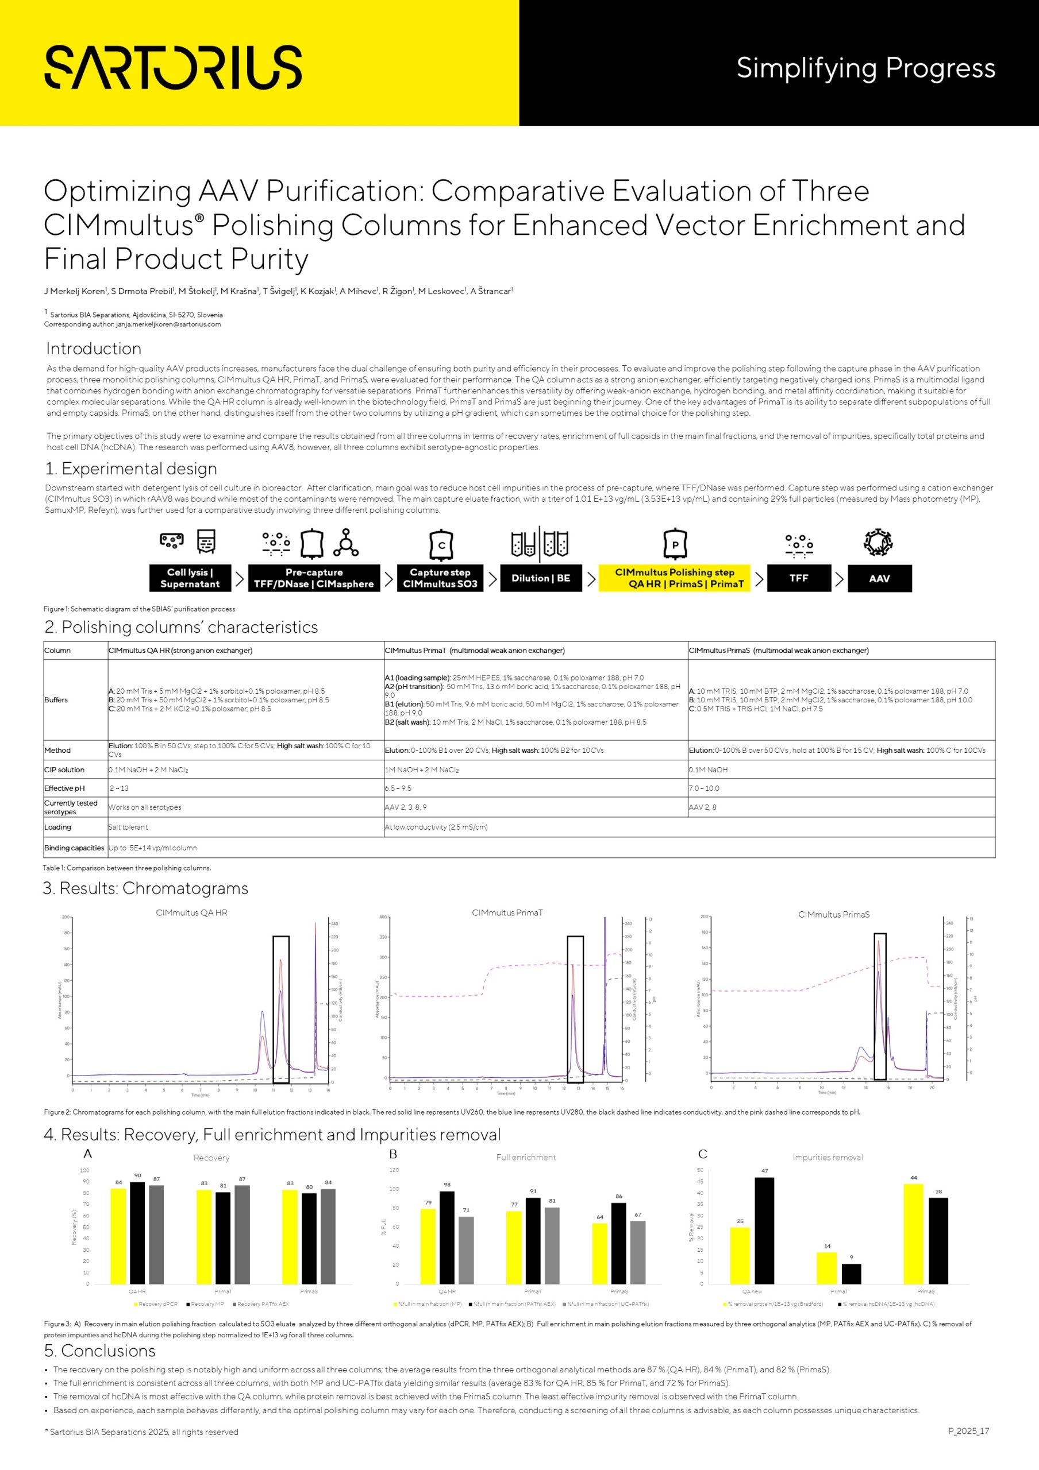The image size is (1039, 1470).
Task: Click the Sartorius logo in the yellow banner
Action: (173, 67)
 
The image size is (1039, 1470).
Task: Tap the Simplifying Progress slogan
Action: (865, 68)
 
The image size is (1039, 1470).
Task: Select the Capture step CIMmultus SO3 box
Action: (440, 578)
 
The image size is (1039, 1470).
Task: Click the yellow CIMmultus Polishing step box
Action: (675, 578)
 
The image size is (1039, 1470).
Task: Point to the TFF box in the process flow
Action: (799, 578)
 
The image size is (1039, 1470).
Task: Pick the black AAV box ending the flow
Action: (879, 578)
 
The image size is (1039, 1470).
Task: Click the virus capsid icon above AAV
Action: (878, 542)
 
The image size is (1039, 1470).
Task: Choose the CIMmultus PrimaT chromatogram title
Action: (507, 912)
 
